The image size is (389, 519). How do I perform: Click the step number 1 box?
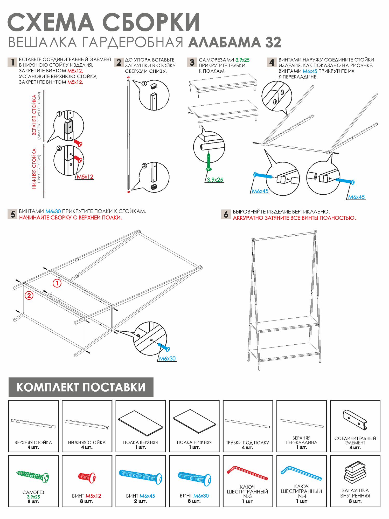pos(12,62)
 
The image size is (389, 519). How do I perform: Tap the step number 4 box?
pos(272,62)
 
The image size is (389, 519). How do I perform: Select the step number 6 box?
pos(226,214)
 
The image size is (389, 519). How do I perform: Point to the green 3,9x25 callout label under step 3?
pos(215,180)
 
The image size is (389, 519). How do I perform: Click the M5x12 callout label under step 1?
pos(85,177)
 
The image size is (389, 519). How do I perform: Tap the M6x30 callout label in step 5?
pos(167,359)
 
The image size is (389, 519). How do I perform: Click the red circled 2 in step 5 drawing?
pos(29,295)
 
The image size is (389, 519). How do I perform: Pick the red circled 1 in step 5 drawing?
pos(57,283)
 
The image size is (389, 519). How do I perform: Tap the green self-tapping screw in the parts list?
pos(33,476)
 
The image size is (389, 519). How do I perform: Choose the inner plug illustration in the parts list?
pos(355,472)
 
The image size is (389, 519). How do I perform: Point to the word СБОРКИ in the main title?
pos(151,22)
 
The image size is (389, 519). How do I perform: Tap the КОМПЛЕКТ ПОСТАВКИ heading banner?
pos(81,387)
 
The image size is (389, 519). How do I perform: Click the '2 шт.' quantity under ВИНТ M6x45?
pos(140,501)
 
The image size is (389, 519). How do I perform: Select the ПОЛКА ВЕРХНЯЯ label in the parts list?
pos(140,442)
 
